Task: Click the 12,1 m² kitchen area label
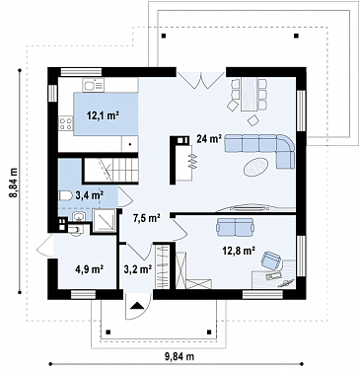[103, 115]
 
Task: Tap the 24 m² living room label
[208, 139]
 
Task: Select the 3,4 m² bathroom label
[90, 195]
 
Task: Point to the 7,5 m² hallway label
[146, 217]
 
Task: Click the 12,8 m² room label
[239, 251]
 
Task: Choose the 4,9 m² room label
[90, 269]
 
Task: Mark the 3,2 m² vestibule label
[138, 269]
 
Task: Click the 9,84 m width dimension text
[179, 355]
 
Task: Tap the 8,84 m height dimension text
[14, 183]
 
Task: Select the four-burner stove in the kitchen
[65, 123]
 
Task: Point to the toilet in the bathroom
[65, 196]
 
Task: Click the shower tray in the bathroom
[105, 220]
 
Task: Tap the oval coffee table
[256, 167]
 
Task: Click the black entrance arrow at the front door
[138, 306]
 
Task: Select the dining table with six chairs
[249, 94]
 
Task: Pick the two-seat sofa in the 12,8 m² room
[235, 227]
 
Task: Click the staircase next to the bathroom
[109, 170]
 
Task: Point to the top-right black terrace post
[296, 36]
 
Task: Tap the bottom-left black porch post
[108, 332]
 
